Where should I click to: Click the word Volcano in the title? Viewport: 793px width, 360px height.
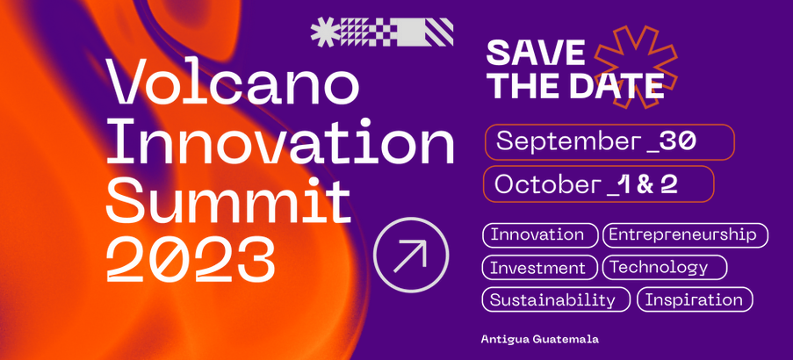[x=234, y=82]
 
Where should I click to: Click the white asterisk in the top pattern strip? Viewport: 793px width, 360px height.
[x=326, y=32]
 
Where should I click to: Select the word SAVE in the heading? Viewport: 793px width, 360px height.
[x=536, y=52]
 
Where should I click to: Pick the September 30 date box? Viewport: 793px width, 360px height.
[x=609, y=142]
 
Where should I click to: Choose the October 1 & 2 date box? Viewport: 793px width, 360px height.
[x=599, y=184]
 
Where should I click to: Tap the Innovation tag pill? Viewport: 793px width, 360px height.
[x=540, y=235]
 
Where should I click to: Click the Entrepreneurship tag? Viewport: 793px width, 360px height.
[x=685, y=235]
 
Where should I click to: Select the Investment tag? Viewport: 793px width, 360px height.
[x=540, y=268]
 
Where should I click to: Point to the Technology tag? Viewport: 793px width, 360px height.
[x=665, y=268]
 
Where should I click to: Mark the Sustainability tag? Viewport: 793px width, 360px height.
[x=556, y=299]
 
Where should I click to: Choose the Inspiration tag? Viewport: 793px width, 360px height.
[x=695, y=299]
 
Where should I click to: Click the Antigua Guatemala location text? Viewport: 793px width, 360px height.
[x=540, y=339]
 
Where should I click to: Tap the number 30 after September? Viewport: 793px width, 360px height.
[x=678, y=141]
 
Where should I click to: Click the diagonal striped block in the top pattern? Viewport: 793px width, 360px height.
[x=438, y=32]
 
